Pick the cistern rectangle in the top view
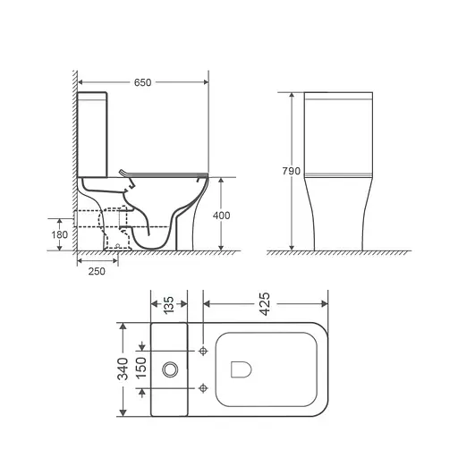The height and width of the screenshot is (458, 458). point(170,368)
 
